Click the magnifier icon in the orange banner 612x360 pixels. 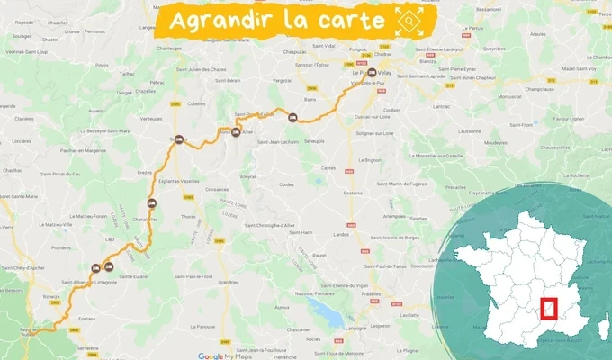click(x=409, y=19)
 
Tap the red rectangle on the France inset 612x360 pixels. click(x=551, y=310)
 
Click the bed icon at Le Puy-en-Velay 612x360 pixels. click(x=372, y=74)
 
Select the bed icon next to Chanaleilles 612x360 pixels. click(x=152, y=202)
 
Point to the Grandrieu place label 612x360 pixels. click(x=229, y=282)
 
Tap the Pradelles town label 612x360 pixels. click(x=372, y=293)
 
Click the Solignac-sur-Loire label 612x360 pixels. click(x=374, y=133)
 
